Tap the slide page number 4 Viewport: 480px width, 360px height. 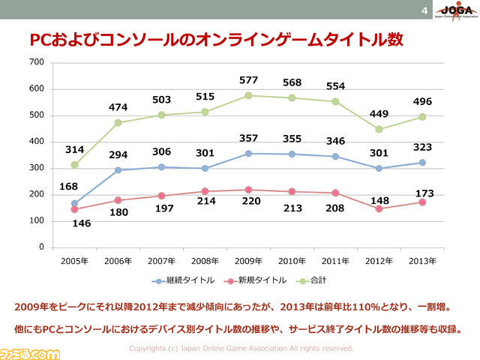(x=424, y=10)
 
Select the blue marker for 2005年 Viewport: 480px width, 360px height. (x=74, y=203)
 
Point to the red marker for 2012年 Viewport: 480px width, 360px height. (x=379, y=208)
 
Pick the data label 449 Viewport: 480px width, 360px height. (x=379, y=114)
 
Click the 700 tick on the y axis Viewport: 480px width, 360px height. (x=37, y=62)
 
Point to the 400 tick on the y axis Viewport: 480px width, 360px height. (x=37, y=142)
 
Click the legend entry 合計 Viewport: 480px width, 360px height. (x=312, y=280)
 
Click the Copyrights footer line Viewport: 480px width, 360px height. (x=241, y=349)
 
